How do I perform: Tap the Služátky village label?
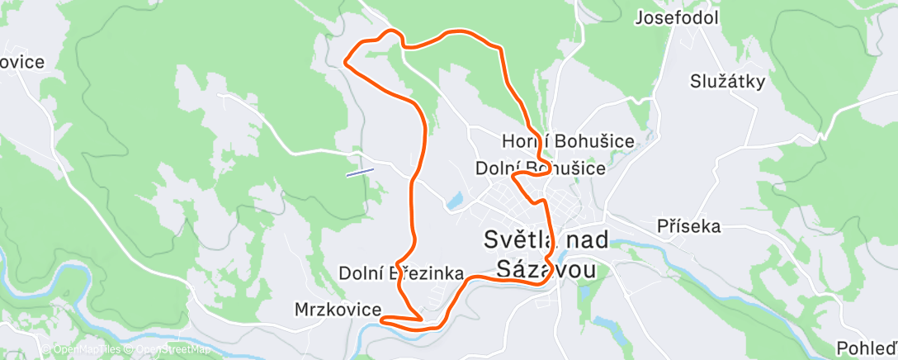click(x=728, y=81)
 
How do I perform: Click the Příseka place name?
click(x=689, y=225)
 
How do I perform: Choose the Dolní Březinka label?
click(x=401, y=273)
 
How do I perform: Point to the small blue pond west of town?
click(x=454, y=201)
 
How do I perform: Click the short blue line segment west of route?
click(x=360, y=172)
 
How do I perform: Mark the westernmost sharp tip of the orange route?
click(x=344, y=59)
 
